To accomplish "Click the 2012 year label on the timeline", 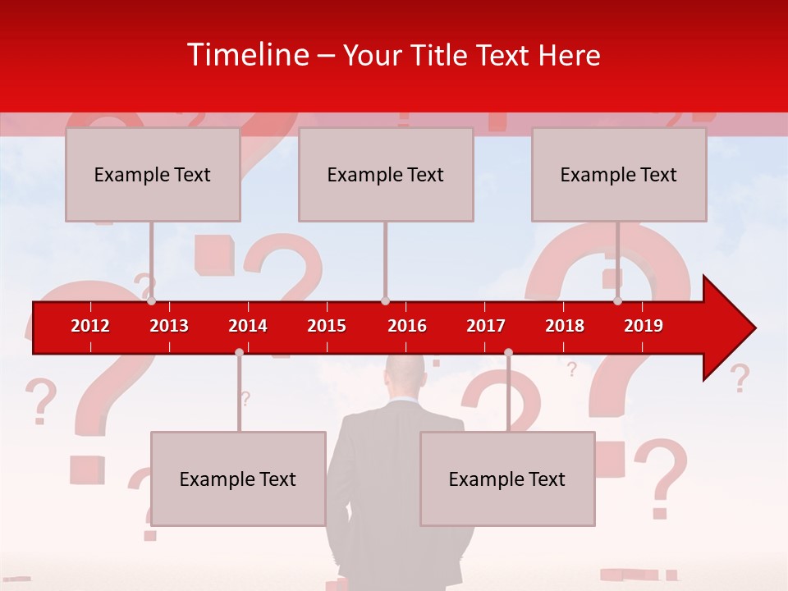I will pos(90,326).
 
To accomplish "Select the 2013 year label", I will pos(169,326).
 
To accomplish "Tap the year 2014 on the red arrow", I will pos(248,326).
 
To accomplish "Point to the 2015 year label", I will pos(327,326).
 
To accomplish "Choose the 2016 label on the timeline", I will pos(407,326).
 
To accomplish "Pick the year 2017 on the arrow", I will pos(486,326).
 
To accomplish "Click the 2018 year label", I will pos(565,326).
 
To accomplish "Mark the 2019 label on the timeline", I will pos(644,326).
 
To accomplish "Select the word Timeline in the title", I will pos(247,55).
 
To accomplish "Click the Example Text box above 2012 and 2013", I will pos(153,174).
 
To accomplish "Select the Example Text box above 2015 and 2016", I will pos(386,174).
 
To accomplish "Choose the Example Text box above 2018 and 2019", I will pos(619,174).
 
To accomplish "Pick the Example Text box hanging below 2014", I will pos(238,479).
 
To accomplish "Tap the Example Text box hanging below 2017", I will pos(507,479).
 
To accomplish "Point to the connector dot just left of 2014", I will pos(239,352).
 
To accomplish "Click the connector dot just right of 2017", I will pos(508,352).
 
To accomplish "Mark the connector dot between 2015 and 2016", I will pos(385,301).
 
